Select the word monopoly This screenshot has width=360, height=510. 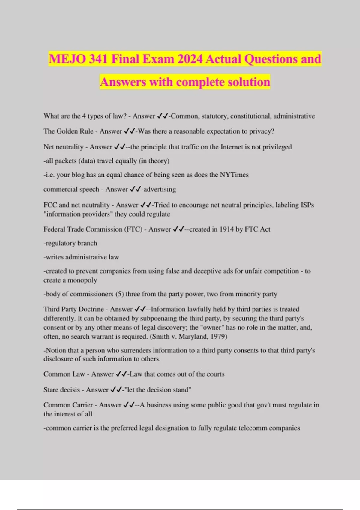pyautogui.click(x=82, y=280)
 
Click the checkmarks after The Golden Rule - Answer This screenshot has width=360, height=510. pyautogui.click(x=130, y=131)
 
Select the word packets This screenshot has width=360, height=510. pyautogui.click(x=65, y=161)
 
